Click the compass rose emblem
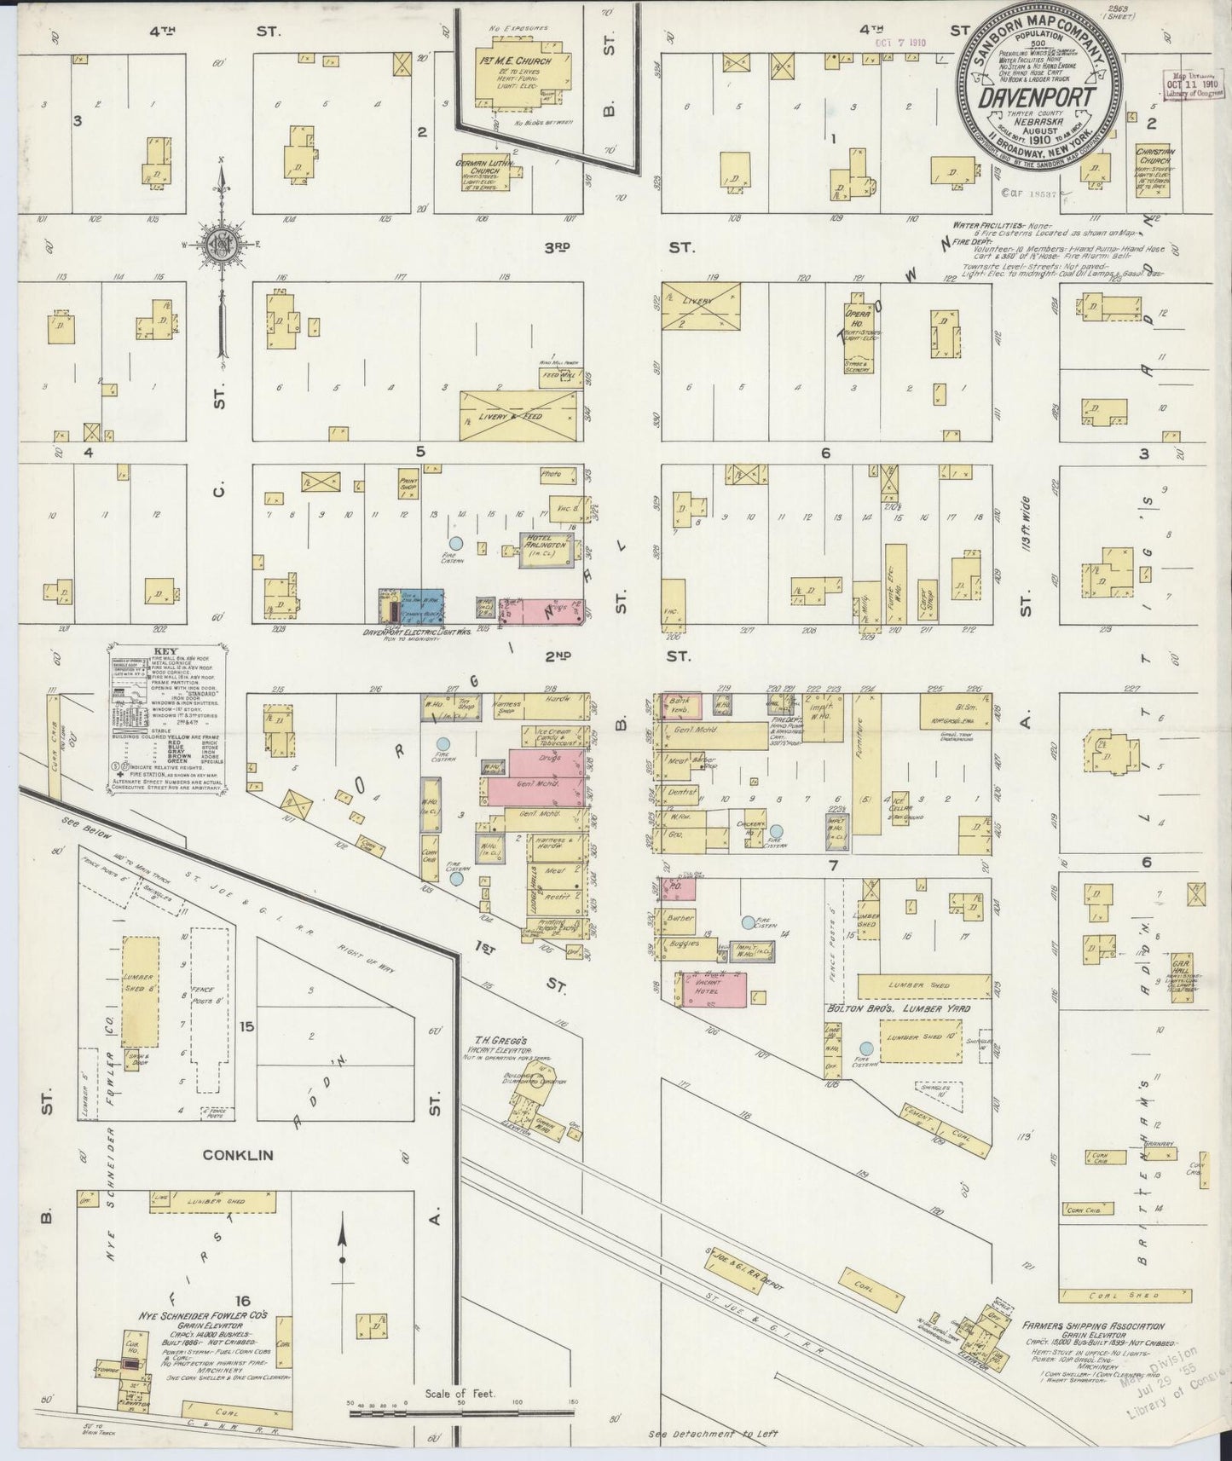(221, 245)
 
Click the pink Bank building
(682, 704)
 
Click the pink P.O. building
(680, 890)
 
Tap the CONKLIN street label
(238, 1155)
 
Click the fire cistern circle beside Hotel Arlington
(455, 543)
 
